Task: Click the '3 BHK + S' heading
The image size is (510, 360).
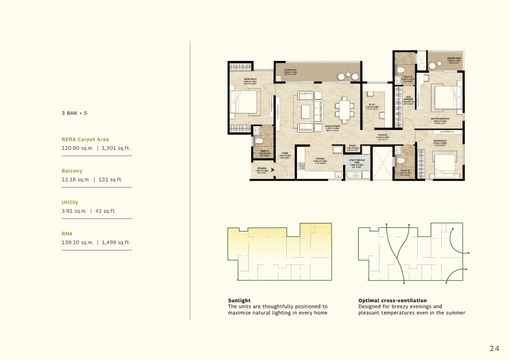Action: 74,113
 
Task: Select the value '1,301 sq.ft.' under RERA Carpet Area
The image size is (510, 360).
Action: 116,149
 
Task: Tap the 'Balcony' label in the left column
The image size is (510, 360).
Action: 72,171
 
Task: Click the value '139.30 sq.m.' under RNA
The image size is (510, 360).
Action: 77,242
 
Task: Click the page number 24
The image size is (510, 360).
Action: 494,348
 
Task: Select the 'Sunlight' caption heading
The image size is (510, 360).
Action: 239,301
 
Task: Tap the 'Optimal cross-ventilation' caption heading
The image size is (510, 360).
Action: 392,301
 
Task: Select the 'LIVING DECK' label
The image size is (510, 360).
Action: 291,70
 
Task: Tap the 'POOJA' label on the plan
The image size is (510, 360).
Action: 352,145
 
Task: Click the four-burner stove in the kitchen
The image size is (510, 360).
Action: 301,166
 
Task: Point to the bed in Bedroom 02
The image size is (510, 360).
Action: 244,102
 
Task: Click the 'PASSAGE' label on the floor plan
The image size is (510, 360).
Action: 383,134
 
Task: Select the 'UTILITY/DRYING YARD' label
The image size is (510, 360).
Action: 357,161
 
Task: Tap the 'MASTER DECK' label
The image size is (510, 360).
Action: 454,58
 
